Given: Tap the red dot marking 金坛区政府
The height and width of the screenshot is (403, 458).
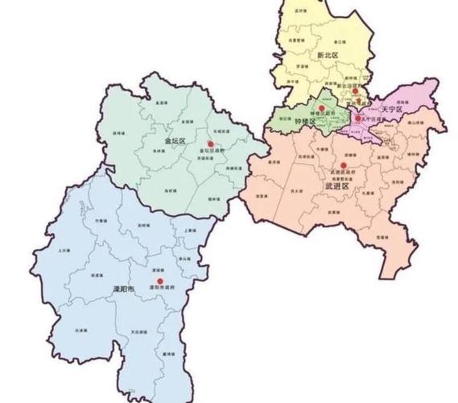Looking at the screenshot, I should pyautogui.click(x=210, y=143).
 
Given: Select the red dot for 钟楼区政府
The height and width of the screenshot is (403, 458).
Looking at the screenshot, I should pyautogui.click(x=321, y=107).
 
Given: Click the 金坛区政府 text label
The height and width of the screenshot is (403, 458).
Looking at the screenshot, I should pyautogui.click(x=208, y=152).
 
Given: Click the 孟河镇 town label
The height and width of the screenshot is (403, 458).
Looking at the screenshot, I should pyautogui.click(x=302, y=10).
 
